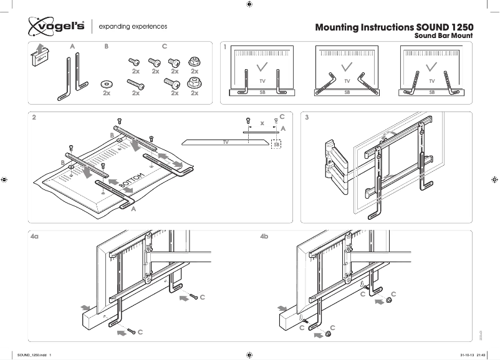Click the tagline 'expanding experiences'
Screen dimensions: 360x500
[x=133, y=27]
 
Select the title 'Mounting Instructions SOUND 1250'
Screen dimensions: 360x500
[x=394, y=28]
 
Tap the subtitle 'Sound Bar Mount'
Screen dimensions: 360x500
[x=444, y=36]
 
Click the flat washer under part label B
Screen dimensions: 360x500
[x=107, y=83]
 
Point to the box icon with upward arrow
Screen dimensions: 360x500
[x=39, y=55]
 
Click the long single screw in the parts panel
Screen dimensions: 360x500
[x=136, y=83]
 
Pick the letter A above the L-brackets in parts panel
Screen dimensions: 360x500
[x=72, y=47]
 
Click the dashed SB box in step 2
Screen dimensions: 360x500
[x=276, y=144]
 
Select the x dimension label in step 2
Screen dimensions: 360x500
[x=262, y=123]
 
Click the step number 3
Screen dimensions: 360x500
[x=307, y=116]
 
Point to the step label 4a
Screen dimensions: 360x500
[x=36, y=237]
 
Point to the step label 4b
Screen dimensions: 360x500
[x=264, y=237]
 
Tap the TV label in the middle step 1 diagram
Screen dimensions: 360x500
[x=347, y=82]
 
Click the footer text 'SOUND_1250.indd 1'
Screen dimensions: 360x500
[x=34, y=354]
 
